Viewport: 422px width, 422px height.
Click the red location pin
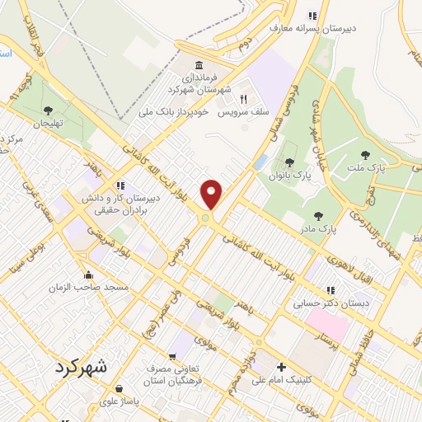[x=213, y=195]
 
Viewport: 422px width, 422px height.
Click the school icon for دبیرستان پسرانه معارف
[x=312, y=16]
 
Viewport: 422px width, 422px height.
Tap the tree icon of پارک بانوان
[x=288, y=162]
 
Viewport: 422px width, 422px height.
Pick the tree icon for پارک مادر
[x=318, y=216]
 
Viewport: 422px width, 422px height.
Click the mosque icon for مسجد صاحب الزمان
[x=89, y=274]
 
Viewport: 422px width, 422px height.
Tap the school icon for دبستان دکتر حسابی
[x=331, y=290]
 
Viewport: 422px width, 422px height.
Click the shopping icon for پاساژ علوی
[x=120, y=387]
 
